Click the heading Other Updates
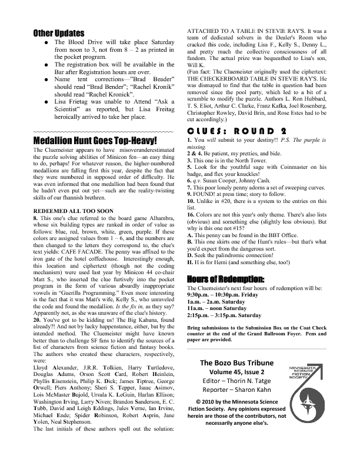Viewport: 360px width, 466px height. (x=59, y=34)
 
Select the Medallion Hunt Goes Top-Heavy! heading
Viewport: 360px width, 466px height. (x=95, y=141)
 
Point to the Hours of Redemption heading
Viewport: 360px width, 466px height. (x=225, y=278)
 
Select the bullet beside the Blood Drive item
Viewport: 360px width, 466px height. (x=39, y=43)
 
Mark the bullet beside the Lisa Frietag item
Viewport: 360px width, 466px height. (x=39, y=101)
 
